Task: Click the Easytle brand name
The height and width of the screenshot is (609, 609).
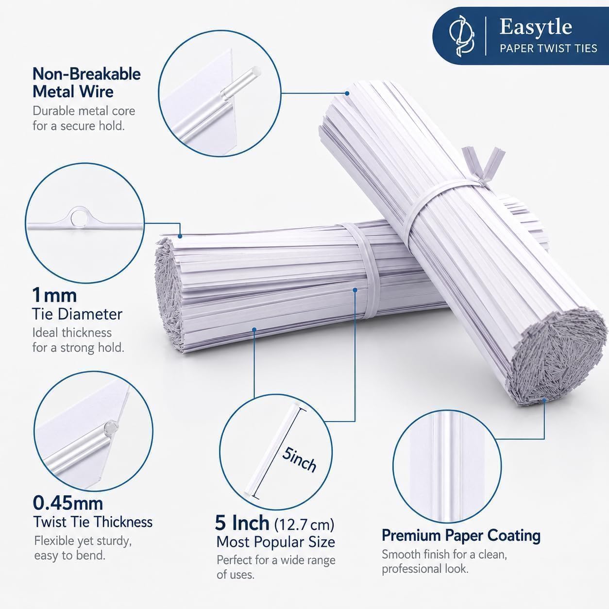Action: (x=535, y=27)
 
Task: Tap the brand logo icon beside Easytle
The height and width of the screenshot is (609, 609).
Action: (x=461, y=36)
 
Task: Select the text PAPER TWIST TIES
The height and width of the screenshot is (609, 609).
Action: (x=548, y=49)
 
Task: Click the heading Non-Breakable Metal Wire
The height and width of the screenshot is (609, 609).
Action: (x=86, y=83)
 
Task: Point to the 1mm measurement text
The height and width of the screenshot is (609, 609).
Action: (x=54, y=295)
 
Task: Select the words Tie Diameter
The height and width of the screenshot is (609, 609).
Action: (x=77, y=314)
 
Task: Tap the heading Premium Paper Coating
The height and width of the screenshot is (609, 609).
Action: (x=461, y=536)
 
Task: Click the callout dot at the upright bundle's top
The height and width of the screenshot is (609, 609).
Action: (x=347, y=94)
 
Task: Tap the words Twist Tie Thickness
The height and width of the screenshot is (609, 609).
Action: (x=93, y=522)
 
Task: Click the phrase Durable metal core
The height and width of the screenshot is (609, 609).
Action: (x=84, y=111)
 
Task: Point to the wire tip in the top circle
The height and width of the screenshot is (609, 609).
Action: (x=256, y=71)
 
